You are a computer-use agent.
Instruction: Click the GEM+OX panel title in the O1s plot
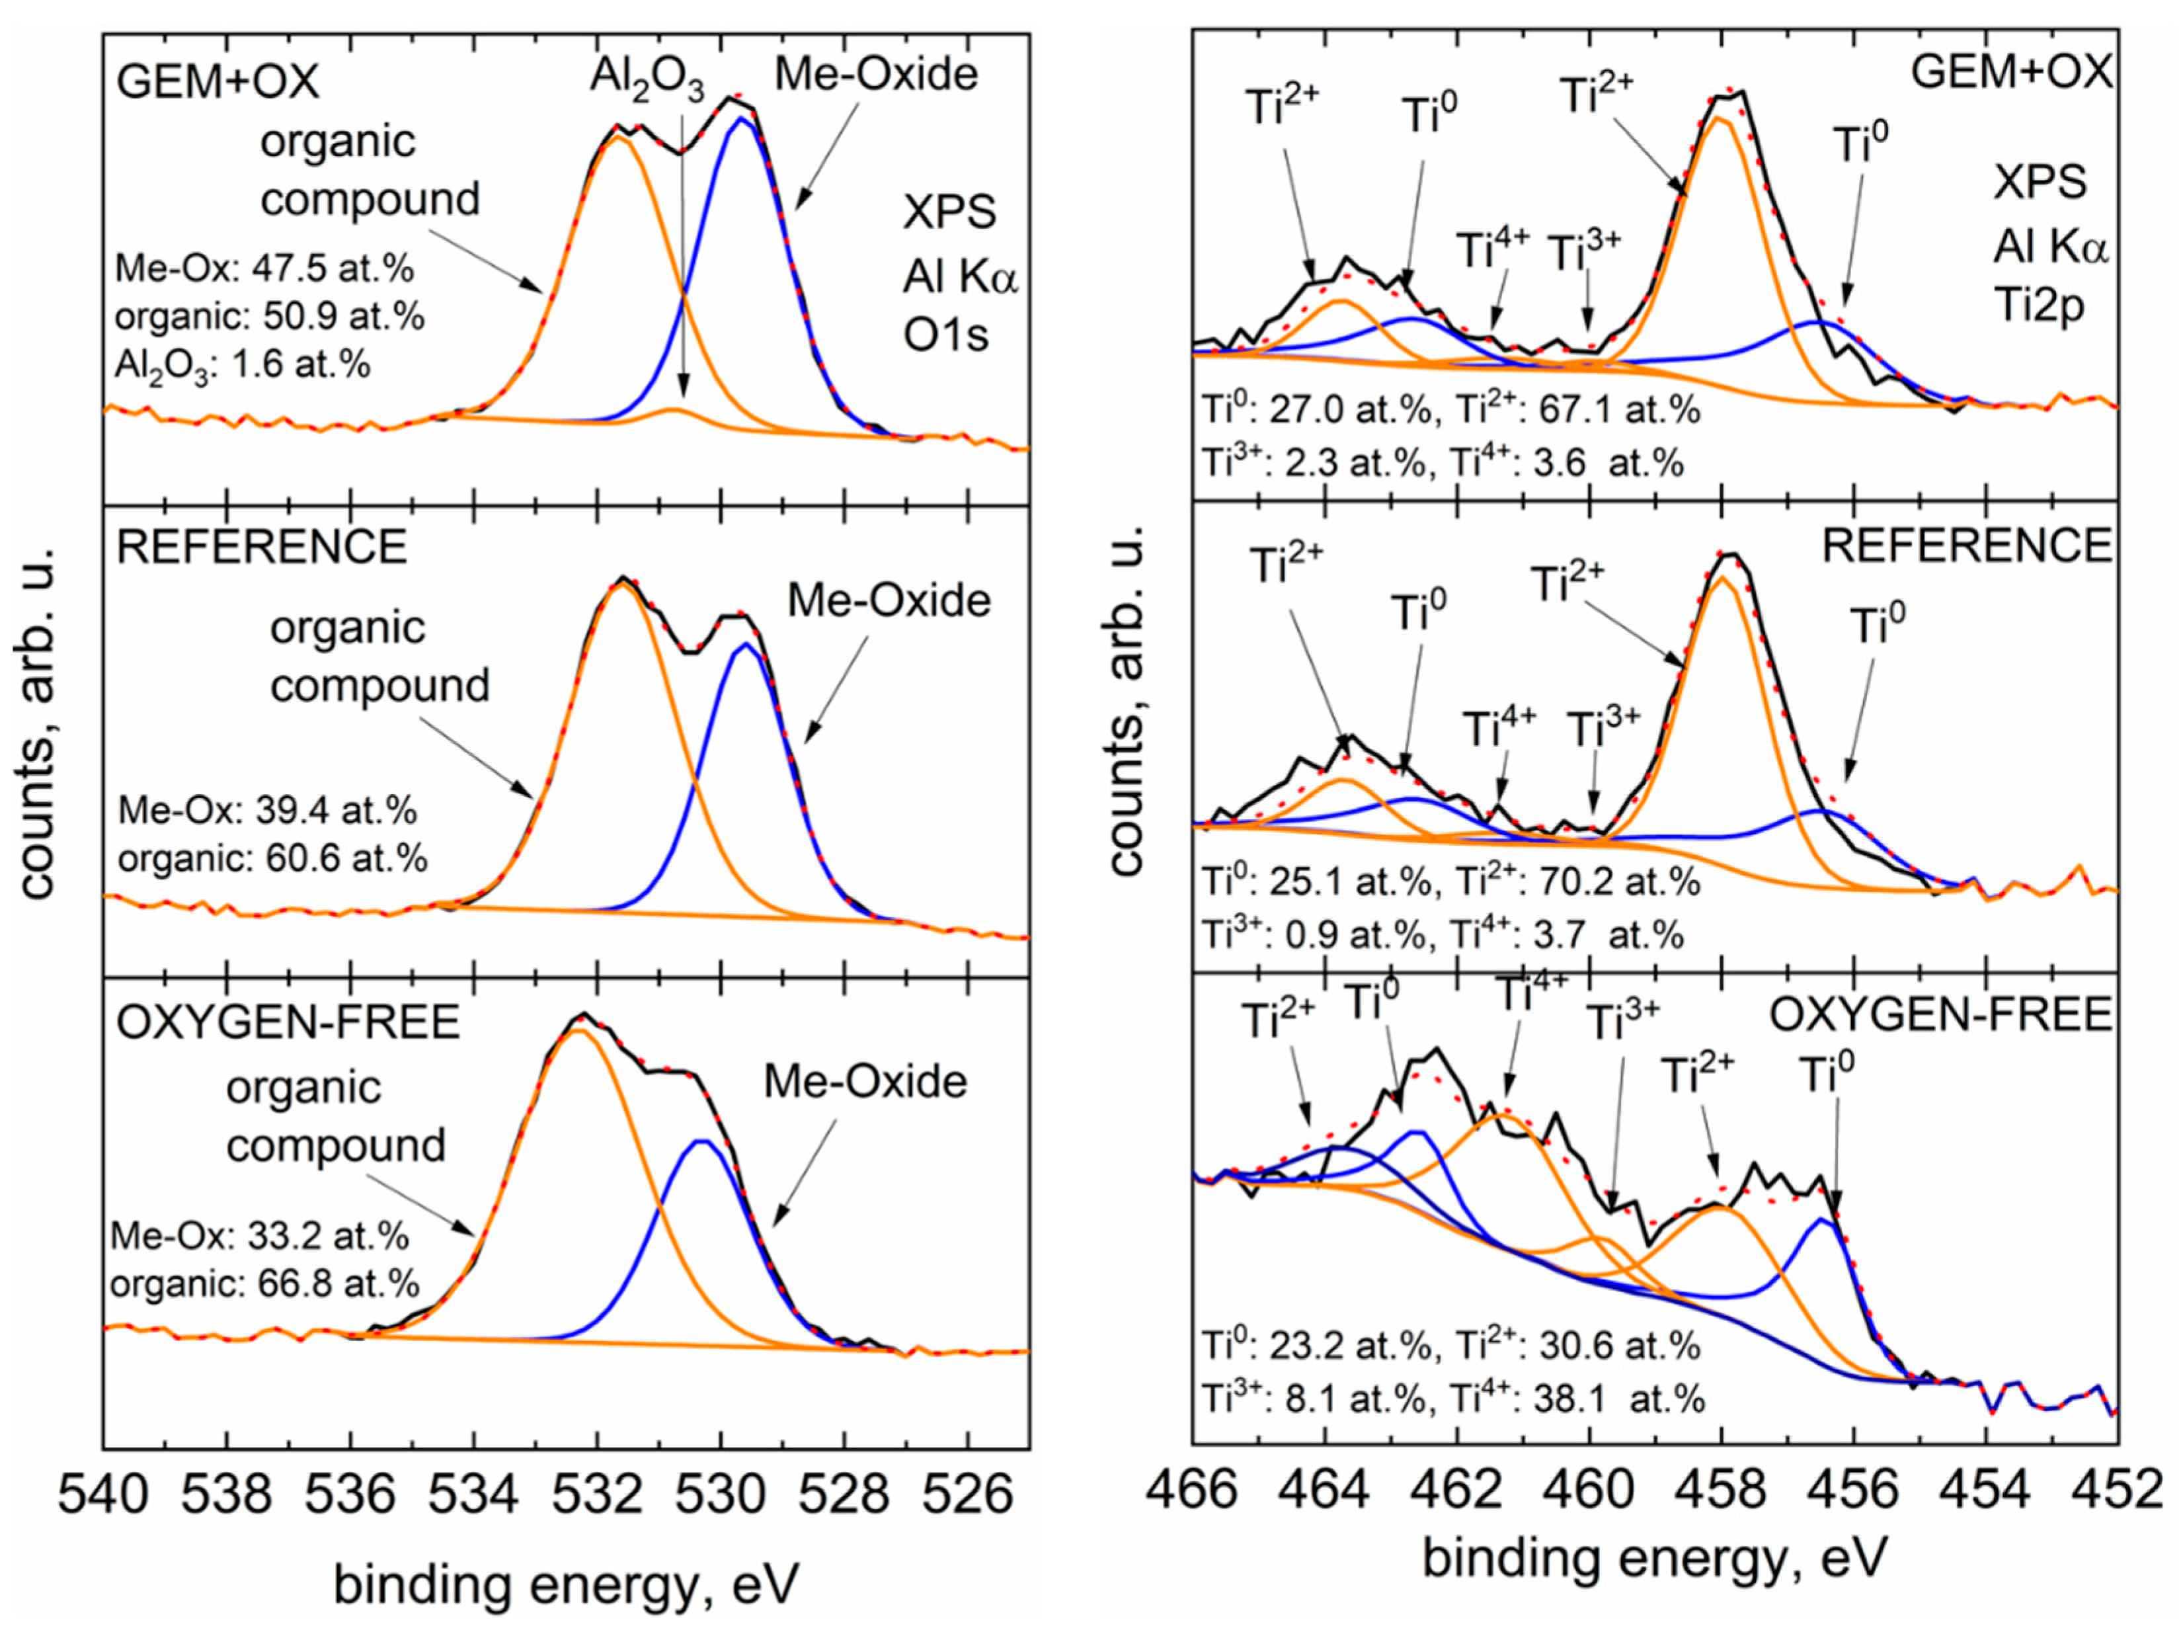click(x=218, y=81)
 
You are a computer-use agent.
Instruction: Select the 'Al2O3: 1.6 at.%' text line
click(x=243, y=365)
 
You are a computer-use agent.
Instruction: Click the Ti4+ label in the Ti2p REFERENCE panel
click(x=1499, y=730)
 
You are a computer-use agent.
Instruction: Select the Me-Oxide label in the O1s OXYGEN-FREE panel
click(x=865, y=1082)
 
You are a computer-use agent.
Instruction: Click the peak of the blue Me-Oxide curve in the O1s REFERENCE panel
click(x=747, y=644)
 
